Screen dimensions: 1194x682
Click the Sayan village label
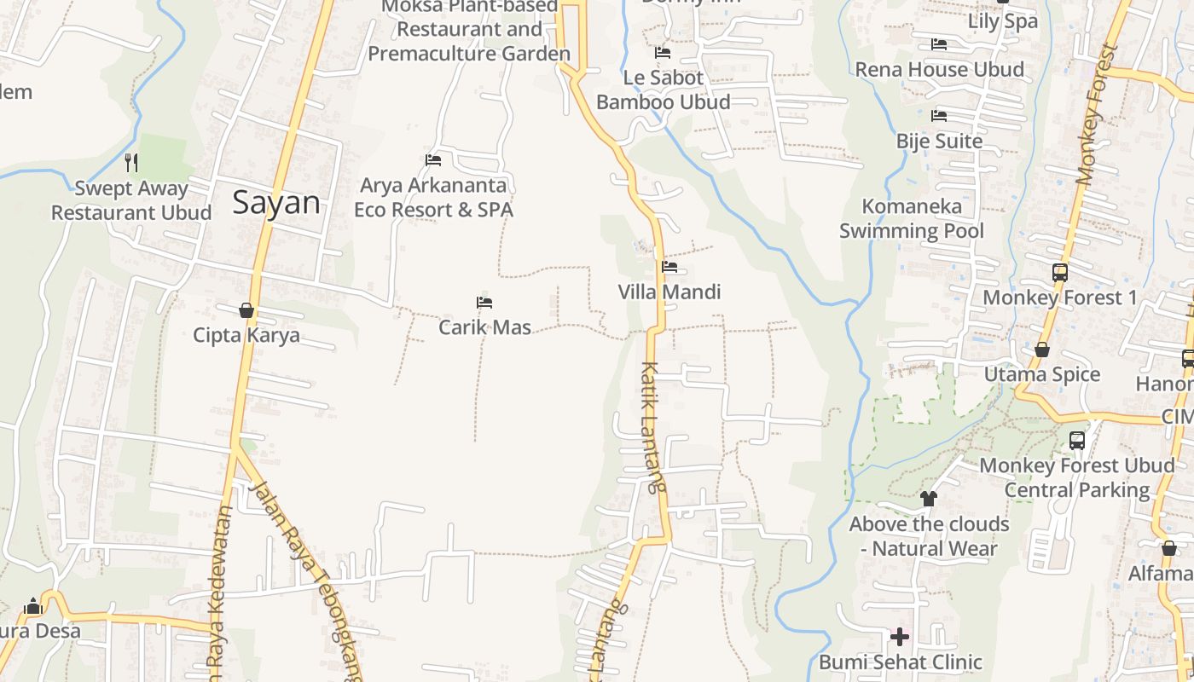coord(276,203)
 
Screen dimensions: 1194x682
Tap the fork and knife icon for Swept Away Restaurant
coord(131,162)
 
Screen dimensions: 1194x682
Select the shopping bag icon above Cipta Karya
coord(246,310)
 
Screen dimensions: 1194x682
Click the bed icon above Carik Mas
coord(484,303)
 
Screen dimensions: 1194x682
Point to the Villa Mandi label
coord(669,292)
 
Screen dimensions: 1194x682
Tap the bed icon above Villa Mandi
coord(669,267)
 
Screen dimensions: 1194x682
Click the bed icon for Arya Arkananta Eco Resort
coord(433,160)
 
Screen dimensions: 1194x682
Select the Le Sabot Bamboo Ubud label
coord(664,90)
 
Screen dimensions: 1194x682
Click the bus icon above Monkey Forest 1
coord(1060,273)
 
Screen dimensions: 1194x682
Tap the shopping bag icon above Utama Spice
coord(1042,350)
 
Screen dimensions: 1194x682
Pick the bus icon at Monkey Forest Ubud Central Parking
coord(1077,441)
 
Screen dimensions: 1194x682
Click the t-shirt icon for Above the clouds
coord(929,498)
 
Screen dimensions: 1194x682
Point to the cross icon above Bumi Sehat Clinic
coord(900,636)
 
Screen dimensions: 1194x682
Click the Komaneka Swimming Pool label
coord(912,218)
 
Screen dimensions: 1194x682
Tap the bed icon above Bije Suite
coord(939,116)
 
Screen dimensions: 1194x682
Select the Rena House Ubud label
coord(940,70)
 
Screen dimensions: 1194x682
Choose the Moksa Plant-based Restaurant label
coord(469,30)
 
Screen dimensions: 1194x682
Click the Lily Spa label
coord(1002,21)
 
